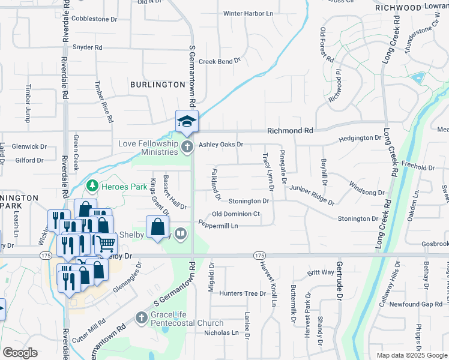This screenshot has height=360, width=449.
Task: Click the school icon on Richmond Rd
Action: tap(187, 121)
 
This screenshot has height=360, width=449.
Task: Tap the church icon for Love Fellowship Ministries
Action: tap(187, 147)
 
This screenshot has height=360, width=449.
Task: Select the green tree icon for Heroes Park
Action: tap(92, 187)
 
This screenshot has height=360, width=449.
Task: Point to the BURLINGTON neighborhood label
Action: tap(157, 85)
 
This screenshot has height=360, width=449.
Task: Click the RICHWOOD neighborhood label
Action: tap(398, 8)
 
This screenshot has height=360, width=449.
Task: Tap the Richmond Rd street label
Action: tap(290, 130)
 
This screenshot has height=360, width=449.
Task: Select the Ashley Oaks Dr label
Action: tap(221, 144)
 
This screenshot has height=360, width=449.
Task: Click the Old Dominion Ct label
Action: tap(236, 214)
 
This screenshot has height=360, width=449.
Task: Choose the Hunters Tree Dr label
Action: tap(242, 293)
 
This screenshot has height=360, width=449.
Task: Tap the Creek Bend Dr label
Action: tap(219, 61)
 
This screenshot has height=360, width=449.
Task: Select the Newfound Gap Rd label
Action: tap(415, 305)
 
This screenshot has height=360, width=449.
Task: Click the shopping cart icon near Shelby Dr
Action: tap(106, 243)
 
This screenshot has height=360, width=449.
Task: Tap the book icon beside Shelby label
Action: tap(181, 233)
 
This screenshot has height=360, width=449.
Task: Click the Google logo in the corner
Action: tap(20, 353)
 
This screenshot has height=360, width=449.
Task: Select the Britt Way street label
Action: tap(321, 272)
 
